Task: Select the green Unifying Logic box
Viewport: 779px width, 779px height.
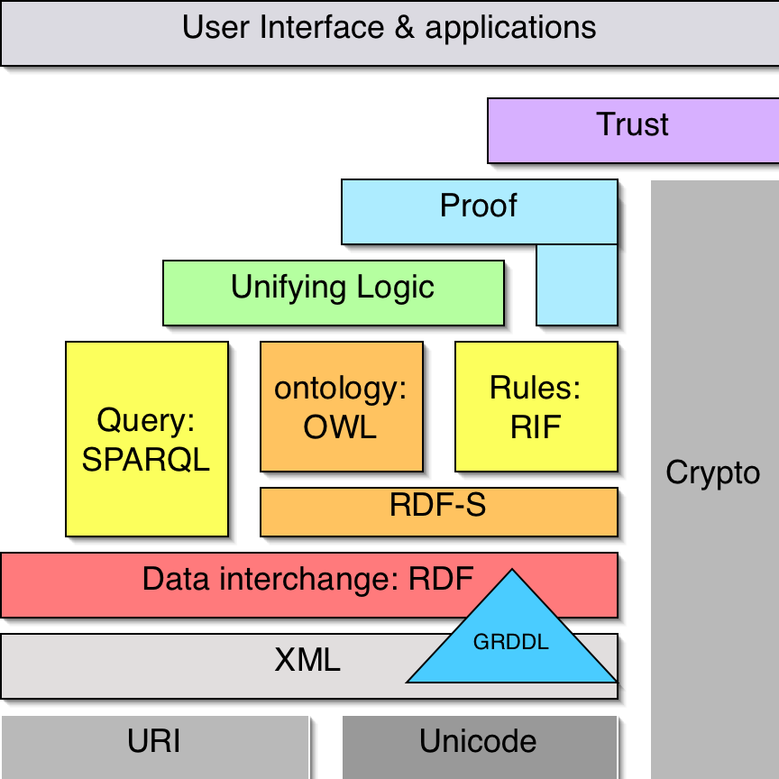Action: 333,293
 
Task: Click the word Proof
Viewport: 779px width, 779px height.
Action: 479,206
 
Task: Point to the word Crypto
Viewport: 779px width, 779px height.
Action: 712,472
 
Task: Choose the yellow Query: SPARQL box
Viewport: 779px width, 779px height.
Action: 146,439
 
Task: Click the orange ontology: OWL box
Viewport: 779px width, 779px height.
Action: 341,407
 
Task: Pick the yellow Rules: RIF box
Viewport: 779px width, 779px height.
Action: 536,407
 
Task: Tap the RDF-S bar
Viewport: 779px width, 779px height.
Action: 438,510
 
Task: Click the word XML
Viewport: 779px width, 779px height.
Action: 307,661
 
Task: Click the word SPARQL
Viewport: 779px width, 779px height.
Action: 146,460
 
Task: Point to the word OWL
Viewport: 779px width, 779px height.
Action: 340,426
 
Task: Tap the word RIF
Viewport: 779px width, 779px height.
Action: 536,426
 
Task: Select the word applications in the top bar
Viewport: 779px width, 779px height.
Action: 510,29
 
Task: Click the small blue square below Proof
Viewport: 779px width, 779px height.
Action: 577,284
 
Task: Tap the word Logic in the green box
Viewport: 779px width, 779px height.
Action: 395,289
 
